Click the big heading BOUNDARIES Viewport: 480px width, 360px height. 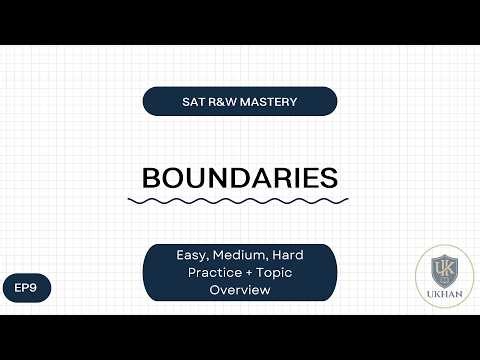click(x=239, y=178)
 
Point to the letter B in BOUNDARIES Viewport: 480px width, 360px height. click(x=153, y=178)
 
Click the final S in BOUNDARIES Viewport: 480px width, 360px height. click(x=326, y=178)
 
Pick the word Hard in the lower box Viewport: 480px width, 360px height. click(x=288, y=256)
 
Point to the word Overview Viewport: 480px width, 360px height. click(x=239, y=290)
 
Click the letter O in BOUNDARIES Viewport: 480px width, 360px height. click(x=175, y=178)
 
